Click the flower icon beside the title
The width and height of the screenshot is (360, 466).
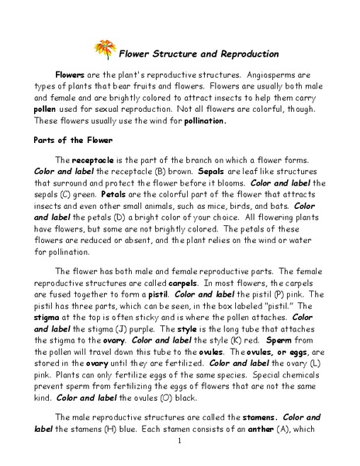pos(105,50)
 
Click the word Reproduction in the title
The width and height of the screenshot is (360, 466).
pos(242,54)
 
